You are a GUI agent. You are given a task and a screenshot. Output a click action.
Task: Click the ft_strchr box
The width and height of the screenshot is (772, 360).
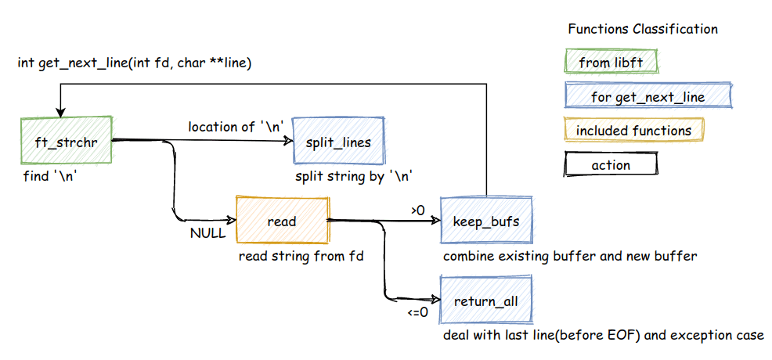[x=68, y=142]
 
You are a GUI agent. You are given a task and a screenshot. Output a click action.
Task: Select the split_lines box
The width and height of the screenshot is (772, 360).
[x=338, y=142]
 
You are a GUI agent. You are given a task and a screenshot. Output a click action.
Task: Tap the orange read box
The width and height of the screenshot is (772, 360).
[x=282, y=221]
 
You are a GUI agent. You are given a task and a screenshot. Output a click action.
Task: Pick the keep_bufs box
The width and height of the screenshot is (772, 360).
[x=486, y=221]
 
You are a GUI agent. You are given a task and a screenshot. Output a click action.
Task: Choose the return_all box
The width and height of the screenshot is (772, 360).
[x=486, y=301]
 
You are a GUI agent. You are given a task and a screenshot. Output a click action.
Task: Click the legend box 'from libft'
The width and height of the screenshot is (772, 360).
[x=611, y=62]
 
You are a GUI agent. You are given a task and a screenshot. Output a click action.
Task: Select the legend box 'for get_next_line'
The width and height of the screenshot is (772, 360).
[x=648, y=97]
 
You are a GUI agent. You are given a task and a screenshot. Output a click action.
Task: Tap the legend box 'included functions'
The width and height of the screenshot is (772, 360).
[x=633, y=131]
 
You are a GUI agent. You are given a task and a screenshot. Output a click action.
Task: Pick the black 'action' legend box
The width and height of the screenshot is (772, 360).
[x=611, y=164]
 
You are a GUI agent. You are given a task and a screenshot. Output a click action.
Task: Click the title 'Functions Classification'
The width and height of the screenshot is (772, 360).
[x=642, y=29]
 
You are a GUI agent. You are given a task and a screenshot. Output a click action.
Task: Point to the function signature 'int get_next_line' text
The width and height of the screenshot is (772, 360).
[x=134, y=62]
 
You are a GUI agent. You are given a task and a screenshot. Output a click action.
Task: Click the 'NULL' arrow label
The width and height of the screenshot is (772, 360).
[x=207, y=232]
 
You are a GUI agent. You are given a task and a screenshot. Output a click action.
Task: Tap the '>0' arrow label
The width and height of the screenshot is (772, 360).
[x=417, y=210]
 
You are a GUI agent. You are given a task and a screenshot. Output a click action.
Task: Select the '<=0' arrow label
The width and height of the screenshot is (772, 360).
[x=417, y=312]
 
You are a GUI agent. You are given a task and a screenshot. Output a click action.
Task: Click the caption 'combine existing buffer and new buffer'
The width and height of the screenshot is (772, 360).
[x=569, y=256]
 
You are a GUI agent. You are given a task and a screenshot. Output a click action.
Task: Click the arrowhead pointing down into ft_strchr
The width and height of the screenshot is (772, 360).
[x=60, y=113]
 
